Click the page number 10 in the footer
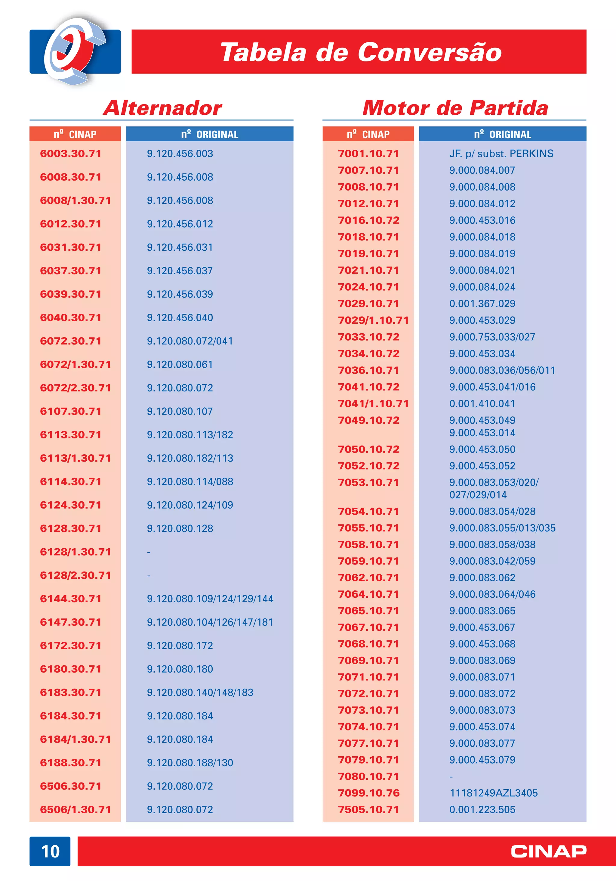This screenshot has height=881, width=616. click(x=50, y=851)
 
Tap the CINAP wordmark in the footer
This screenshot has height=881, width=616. click(x=549, y=851)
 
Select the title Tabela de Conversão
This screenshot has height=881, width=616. click(x=361, y=52)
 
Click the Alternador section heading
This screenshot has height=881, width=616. click(x=162, y=108)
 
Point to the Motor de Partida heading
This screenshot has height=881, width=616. click(x=455, y=108)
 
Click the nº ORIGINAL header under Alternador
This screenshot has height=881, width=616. click(x=210, y=134)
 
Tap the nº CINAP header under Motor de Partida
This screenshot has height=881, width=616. click(x=368, y=134)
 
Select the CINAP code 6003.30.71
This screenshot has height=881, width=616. click(x=70, y=154)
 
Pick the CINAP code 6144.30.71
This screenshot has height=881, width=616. click(x=70, y=599)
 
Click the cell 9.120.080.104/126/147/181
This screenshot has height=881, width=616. click(x=210, y=622)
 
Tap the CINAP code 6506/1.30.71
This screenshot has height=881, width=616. click(x=75, y=809)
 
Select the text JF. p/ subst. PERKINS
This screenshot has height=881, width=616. click(x=501, y=154)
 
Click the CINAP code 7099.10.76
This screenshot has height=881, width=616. click(x=369, y=793)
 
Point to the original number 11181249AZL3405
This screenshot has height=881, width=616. click(x=494, y=793)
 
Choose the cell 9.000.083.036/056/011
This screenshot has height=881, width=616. click(x=502, y=370)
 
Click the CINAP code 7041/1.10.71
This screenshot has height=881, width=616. click(x=373, y=404)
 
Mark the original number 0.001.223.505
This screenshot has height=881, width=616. click(x=482, y=809)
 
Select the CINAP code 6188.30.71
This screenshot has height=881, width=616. click(x=70, y=762)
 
